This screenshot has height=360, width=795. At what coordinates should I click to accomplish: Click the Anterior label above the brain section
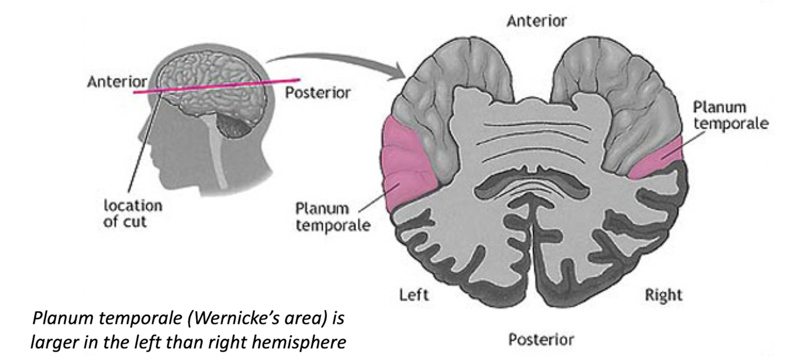tap(536, 21)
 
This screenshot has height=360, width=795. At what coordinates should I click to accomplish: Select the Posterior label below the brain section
tap(541, 340)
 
